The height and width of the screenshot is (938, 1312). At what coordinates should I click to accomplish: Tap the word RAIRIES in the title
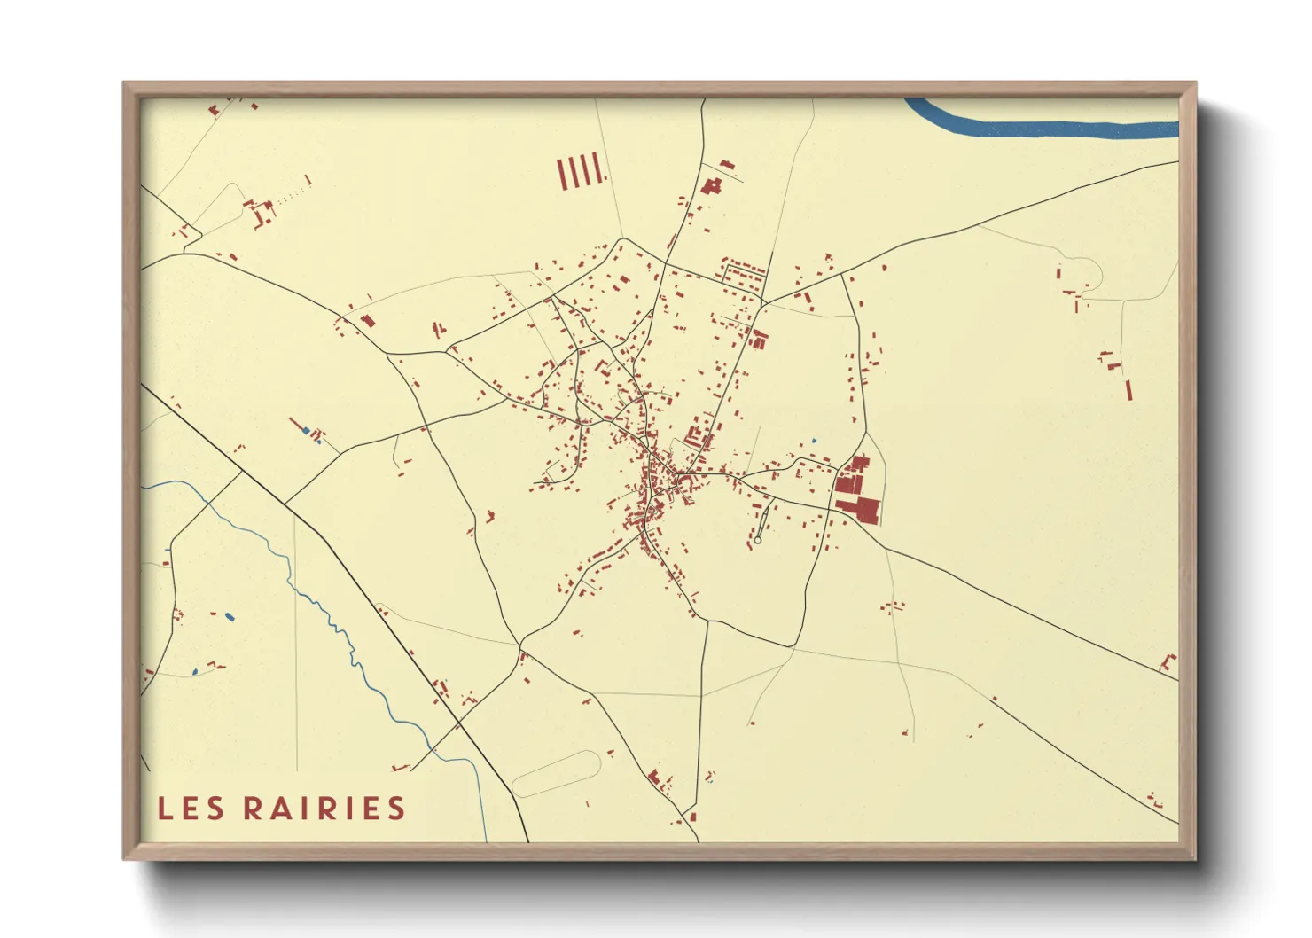(324, 809)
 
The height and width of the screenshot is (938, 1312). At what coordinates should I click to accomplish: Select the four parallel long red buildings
(581, 171)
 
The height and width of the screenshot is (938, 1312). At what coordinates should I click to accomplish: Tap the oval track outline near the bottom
(558, 773)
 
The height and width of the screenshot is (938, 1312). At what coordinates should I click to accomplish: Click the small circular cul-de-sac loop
(758, 540)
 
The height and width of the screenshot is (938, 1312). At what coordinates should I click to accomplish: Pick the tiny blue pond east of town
(814, 441)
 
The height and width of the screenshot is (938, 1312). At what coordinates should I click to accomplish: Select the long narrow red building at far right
(1128, 390)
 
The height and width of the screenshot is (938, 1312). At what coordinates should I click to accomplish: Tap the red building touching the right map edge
(1169, 661)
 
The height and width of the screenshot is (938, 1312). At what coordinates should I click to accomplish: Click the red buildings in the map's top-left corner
(215, 109)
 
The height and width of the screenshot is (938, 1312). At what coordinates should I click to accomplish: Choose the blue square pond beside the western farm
(307, 431)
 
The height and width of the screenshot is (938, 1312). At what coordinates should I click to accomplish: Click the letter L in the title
(165, 809)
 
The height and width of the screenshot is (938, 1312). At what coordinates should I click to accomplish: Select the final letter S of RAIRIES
(396, 809)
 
